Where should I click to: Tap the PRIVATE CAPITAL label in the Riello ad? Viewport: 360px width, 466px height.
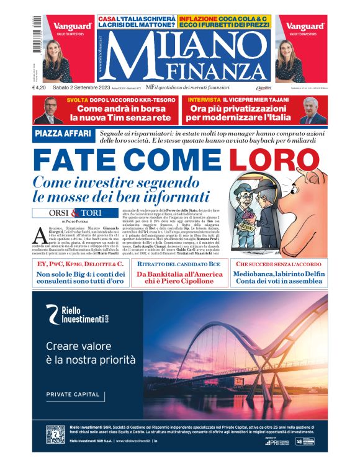73,395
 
